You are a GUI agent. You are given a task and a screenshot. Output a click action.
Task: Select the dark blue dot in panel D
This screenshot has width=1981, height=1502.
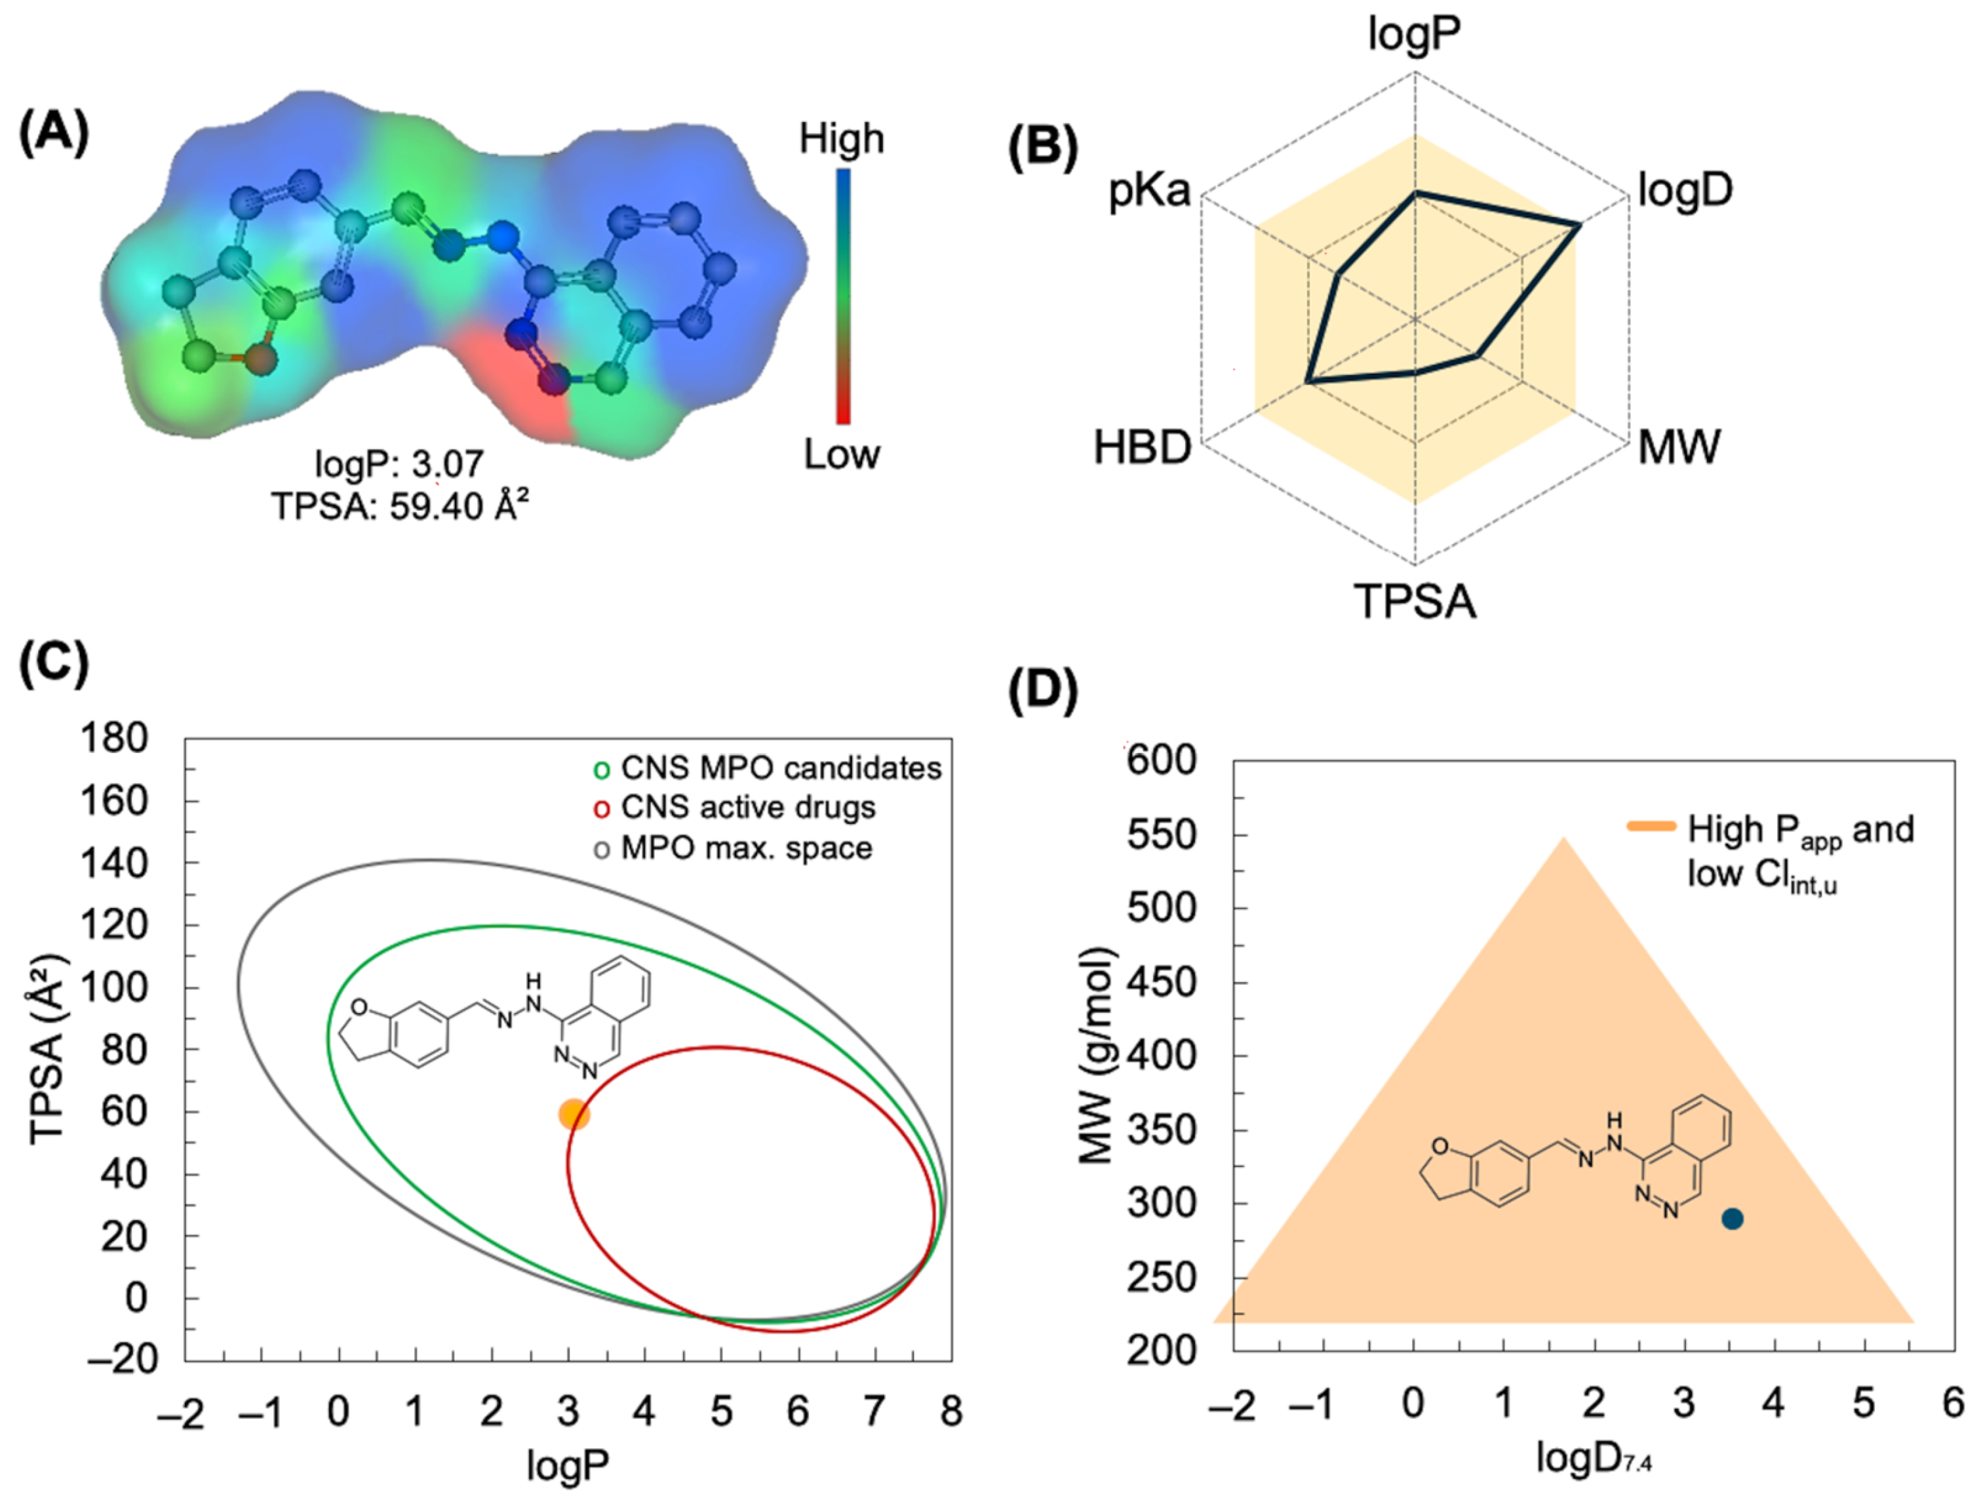coord(1732,1219)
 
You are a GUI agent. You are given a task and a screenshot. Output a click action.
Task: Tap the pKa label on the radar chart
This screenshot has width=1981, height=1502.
coord(1150,191)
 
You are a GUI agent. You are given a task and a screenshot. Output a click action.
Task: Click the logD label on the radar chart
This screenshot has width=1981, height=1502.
coord(1685,190)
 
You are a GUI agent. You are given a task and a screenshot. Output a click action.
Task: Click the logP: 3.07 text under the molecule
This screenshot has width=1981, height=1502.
coord(399,464)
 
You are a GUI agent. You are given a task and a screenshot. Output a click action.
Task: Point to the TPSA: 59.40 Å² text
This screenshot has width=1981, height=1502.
coord(399,506)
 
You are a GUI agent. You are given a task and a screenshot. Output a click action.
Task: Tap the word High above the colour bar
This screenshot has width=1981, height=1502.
coord(841,139)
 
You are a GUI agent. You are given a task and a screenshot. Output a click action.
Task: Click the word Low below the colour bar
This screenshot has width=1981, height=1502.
coord(841,455)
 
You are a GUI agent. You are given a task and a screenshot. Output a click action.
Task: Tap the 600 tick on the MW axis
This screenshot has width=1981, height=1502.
coord(1162,761)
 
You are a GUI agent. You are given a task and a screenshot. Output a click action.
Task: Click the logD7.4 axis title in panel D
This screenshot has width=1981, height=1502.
coord(1593,1457)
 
